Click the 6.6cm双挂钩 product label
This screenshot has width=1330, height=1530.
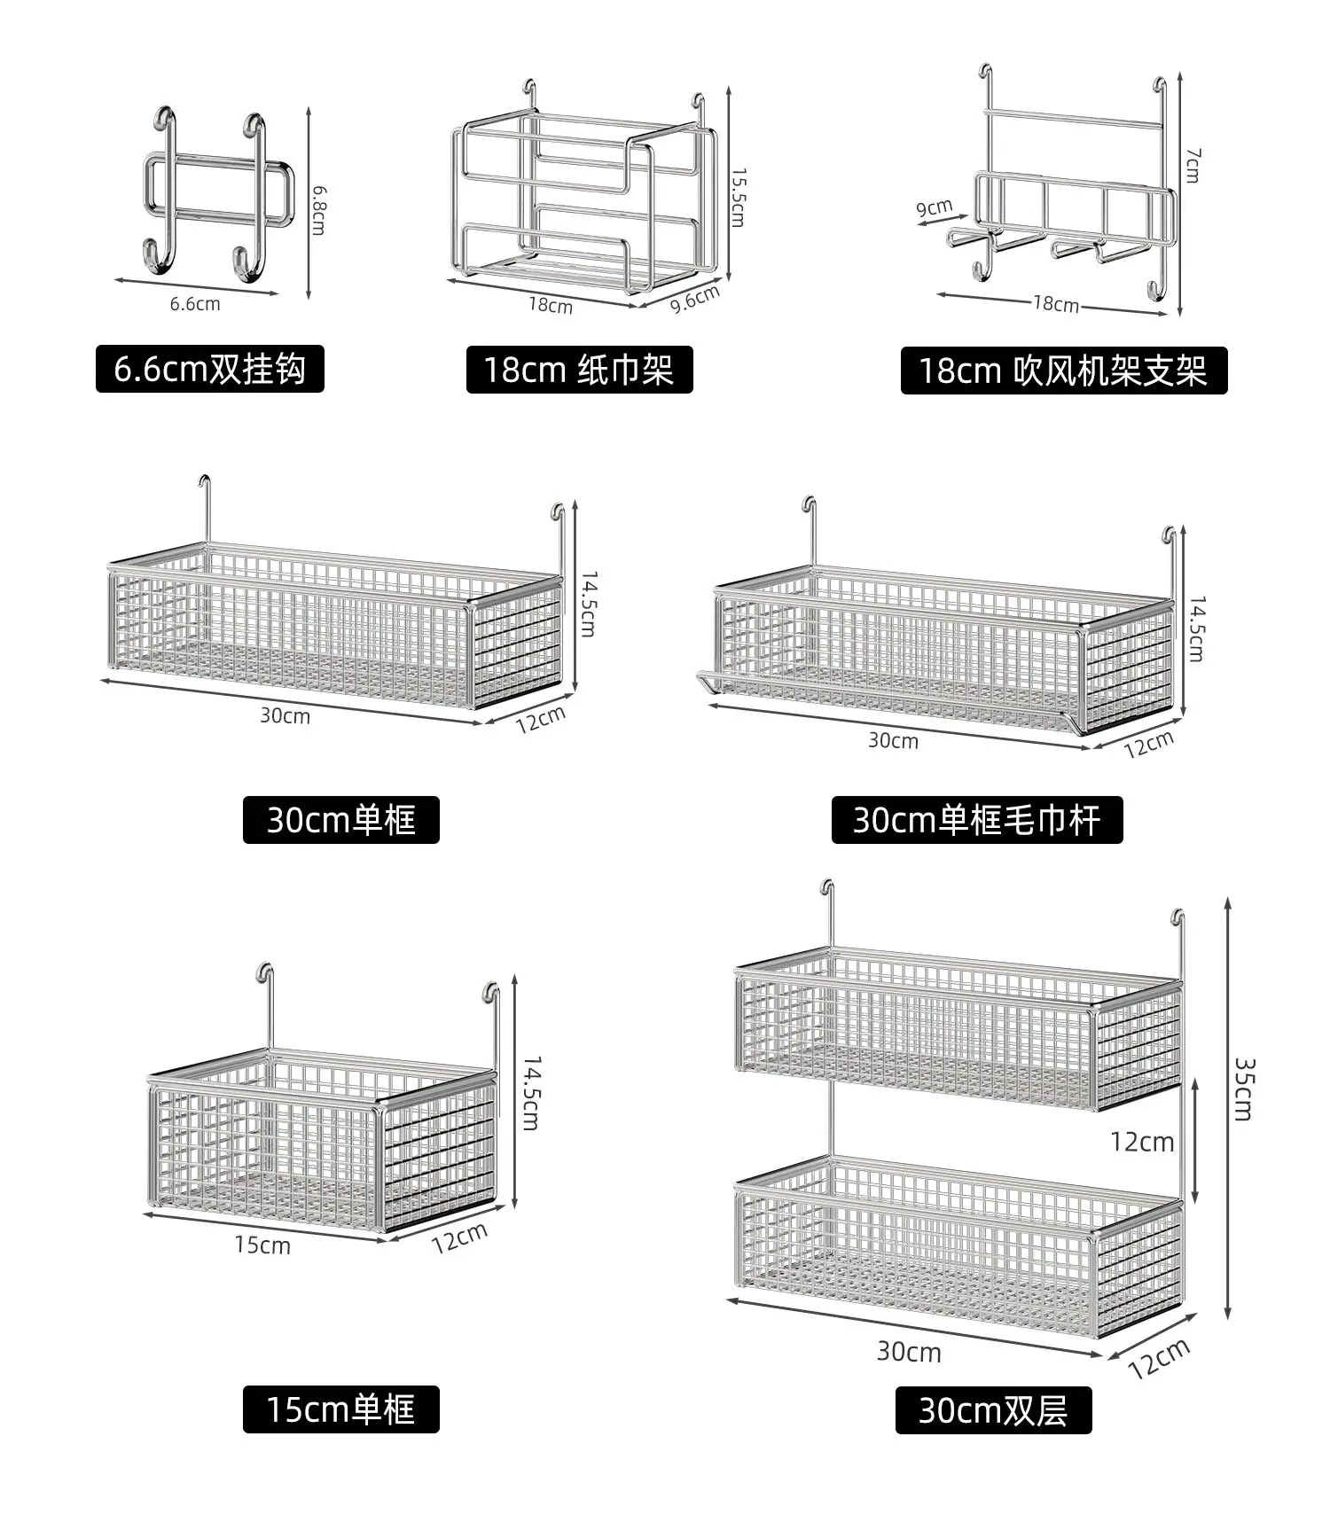(x=210, y=369)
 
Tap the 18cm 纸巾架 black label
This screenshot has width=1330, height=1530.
(x=579, y=370)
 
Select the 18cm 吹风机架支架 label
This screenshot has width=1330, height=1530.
(x=1063, y=371)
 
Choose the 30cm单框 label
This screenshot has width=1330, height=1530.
(x=341, y=820)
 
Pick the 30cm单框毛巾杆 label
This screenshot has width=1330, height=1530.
(x=977, y=820)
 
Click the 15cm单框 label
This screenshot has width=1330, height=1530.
(x=341, y=1409)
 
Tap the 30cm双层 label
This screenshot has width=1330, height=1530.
(x=993, y=1410)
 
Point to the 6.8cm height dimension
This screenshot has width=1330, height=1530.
(x=318, y=210)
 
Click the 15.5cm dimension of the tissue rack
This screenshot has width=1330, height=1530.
(x=738, y=197)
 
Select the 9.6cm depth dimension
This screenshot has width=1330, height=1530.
(x=695, y=299)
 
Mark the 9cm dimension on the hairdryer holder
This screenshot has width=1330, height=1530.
(x=935, y=208)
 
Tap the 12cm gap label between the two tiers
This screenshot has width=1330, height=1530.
(x=1142, y=1142)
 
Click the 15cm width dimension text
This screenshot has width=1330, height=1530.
(x=262, y=1245)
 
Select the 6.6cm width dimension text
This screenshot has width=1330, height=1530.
(x=195, y=304)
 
